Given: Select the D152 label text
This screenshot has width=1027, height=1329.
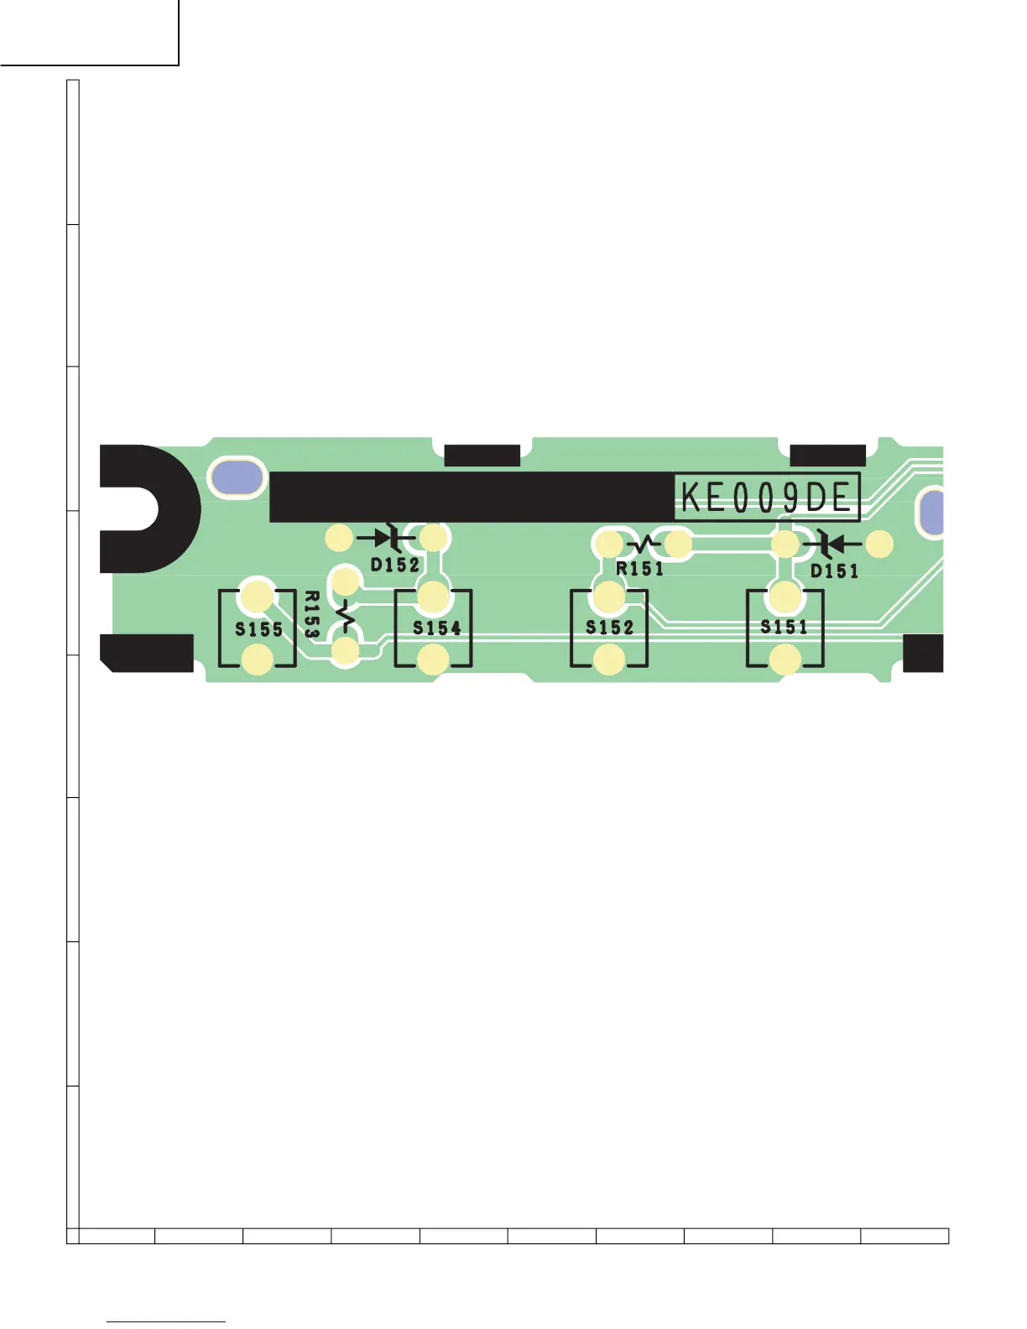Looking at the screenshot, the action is [x=395, y=565].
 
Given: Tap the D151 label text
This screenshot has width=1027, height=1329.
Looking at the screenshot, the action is [x=834, y=571].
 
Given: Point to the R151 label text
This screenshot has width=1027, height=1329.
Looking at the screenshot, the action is [x=639, y=569].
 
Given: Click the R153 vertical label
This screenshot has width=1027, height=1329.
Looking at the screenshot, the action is [x=311, y=615].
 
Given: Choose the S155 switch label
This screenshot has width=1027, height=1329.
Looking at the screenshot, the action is [x=258, y=629].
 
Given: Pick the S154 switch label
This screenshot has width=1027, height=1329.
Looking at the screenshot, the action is [x=436, y=628].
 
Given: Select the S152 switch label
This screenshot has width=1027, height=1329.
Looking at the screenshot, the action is [x=610, y=628].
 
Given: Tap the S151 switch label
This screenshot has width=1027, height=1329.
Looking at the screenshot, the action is [x=784, y=627].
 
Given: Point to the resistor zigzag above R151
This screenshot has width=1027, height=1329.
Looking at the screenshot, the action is [x=643, y=545].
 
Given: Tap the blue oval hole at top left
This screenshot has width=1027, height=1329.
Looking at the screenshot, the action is [x=237, y=477].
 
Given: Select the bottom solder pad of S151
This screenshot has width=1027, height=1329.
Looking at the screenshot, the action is [x=785, y=660].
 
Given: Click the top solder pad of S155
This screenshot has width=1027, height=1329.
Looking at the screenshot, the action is [x=257, y=596].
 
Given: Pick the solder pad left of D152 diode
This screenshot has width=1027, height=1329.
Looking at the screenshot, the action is [x=339, y=538].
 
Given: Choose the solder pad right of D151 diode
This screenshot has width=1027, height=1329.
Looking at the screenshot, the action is [x=879, y=545].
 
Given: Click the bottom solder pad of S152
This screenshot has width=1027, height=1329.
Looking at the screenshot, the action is [x=609, y=660].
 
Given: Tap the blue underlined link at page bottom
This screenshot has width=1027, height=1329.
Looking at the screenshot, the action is [x=166, y=1321].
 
